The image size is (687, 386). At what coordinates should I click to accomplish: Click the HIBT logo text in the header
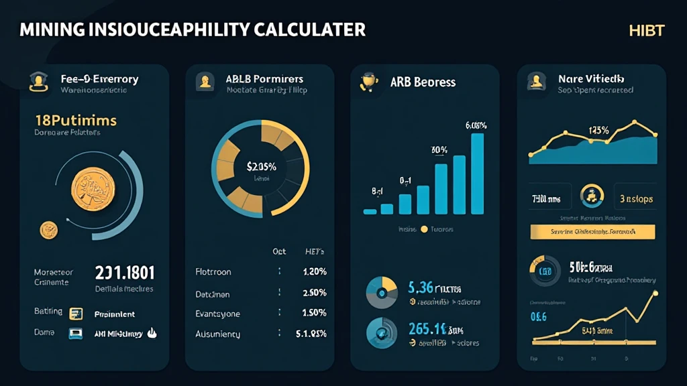click(x=647, y=31)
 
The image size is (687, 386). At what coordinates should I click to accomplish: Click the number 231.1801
click(x=125, y=273)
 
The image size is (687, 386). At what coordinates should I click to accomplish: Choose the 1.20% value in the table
click(x=314, y=273)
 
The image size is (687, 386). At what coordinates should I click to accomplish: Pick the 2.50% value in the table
click(x=314, y=294)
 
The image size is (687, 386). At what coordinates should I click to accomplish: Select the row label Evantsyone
click(x=217, y=314)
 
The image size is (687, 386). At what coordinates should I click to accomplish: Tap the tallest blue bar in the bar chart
click(x=477, y=174)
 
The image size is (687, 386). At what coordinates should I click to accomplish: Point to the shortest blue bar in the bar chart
click(x=370, y=211)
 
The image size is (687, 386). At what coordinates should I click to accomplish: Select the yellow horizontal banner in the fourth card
click(x=592, y=232)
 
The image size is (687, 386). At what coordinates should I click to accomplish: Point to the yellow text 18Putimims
click(x=75, y=121)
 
